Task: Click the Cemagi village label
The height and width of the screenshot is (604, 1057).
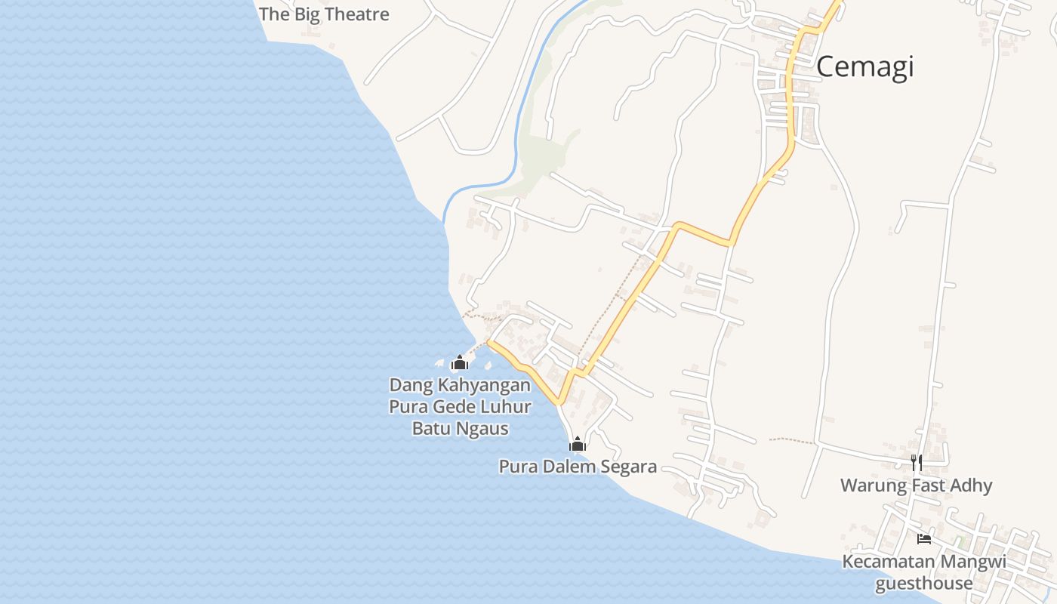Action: point(864,67)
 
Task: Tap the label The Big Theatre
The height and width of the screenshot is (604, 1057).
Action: point(324,14)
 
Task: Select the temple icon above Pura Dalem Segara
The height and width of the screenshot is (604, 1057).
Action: point(578,445)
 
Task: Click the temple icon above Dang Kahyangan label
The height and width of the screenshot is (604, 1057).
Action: point(459,363)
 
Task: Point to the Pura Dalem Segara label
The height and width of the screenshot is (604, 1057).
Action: point(578,467)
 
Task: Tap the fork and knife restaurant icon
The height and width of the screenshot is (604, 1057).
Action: point(917,463)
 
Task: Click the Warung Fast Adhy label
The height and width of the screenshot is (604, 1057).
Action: point(917,485)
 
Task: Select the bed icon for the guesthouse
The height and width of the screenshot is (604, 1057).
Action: point(923,539)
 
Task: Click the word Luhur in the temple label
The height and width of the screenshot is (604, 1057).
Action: point(507,407)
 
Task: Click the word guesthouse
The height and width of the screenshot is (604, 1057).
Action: point(923,584)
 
